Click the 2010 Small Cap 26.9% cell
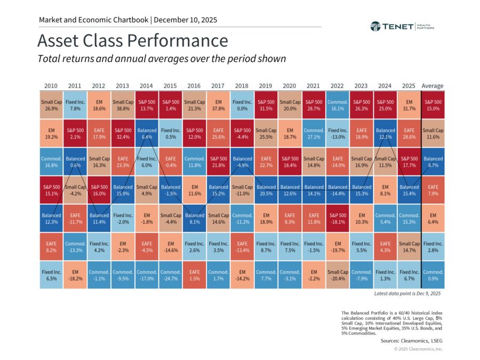[51, 105]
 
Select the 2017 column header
[218, 86]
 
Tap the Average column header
[432, 86]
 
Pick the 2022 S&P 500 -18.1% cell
[338, 219]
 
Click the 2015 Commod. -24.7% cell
[171, 275]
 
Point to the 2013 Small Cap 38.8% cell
[123, 105]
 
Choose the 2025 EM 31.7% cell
[409, 105]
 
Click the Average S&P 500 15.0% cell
[433, 105]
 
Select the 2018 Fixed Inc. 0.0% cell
[242, 105]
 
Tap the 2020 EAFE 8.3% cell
[290, 219]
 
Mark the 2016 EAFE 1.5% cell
[194, 275]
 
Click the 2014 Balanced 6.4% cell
[147, 133]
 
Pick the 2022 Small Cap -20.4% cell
[338, 275]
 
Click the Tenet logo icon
[375, 27]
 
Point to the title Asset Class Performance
[133, 41]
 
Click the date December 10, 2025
[185, 20]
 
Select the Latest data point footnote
[407, 293]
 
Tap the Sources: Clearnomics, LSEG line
[411, 341]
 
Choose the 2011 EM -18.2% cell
[75, 275]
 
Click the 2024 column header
[385, 86]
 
